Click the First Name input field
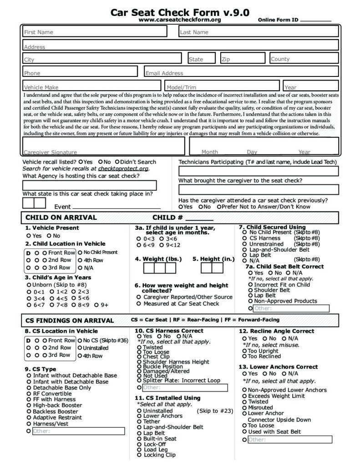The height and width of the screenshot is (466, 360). [100, 32]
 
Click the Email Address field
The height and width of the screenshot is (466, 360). [241, 72]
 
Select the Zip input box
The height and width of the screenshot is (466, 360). [243, 59]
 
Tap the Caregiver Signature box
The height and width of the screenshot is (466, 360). [104, 146]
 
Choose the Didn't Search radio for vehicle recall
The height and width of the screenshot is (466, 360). [117, 162]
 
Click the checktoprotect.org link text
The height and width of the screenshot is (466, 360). [123, 168]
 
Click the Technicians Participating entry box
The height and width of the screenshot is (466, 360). [258, 171]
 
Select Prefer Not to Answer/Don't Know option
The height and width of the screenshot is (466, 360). [219, 207]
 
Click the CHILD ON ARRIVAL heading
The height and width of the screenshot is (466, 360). [61, 218]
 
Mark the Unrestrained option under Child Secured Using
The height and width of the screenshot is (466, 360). [245, 244]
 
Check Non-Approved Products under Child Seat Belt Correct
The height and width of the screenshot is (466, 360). [250, 301]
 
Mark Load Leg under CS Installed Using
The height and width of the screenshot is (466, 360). [139, 450]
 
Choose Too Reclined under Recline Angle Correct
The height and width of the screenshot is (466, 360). [244, 356]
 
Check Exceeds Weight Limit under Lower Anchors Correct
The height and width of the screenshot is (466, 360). [245, 396]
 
